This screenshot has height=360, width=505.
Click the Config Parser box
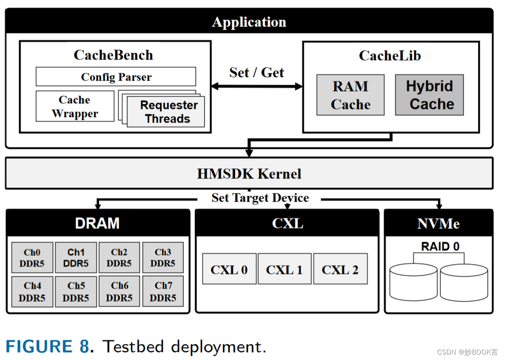116,77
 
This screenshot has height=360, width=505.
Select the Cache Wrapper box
75,106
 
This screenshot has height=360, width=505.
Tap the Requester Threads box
168,112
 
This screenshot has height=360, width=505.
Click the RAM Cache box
350,95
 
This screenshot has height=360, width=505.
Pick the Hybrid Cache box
429,95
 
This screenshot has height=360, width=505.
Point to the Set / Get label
257,72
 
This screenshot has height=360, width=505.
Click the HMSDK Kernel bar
249,173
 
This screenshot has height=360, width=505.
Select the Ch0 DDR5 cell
32,258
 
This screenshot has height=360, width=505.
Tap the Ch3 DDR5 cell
163,258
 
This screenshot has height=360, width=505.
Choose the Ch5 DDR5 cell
76,292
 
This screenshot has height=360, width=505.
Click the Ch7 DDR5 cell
163,292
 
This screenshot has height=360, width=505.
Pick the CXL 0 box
229,269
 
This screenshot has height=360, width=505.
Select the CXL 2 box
340,269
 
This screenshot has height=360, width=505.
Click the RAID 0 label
440,247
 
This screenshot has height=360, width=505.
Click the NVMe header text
438,223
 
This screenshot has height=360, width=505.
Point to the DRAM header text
97,223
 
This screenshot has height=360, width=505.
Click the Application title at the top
249,22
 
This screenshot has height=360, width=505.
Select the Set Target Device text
260,198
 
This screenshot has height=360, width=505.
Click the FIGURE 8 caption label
47,346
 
